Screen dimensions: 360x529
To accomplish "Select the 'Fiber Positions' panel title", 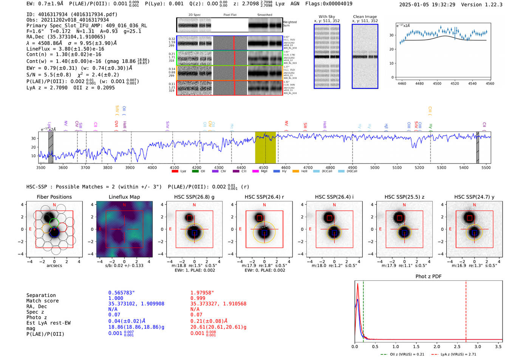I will coord(54,197).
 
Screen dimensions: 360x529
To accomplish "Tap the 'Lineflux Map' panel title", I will coord(124,197).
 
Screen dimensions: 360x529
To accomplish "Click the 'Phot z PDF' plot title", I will coord(428,277).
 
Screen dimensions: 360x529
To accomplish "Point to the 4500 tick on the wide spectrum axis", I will coord(263,168).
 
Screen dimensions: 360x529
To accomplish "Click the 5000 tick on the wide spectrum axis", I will coord(374,168).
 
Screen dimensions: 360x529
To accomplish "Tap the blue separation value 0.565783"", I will coord(121,293).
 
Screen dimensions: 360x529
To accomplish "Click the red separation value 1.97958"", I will coord(202,293).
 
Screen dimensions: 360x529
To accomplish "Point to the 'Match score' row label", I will coord(42,301).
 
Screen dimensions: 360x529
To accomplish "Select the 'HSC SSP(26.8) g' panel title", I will coord(194,197).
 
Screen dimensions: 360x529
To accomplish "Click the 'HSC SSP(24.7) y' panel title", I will coord(474,197).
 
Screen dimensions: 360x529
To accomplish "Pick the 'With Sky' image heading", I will coord(327,17).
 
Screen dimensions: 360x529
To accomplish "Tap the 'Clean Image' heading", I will coord(365,17).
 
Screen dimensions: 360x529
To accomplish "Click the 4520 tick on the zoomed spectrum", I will coord(455,83).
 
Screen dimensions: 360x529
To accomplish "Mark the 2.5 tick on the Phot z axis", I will coord(457,346).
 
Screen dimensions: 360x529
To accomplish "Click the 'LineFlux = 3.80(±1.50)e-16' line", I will coord(65,49).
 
